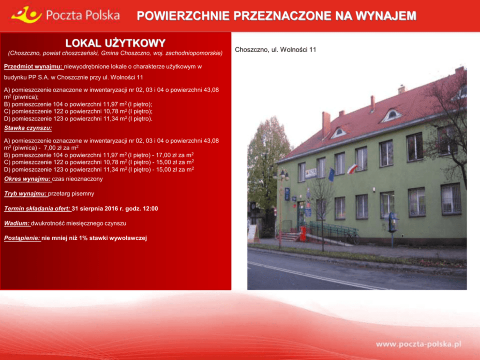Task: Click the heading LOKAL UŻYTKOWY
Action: pyautogui.click(x=116, y=43)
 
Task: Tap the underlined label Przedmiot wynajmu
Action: pyautogui.click(x=33, y=67)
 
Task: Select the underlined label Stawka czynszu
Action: pyautogui.click(x=28, y=128)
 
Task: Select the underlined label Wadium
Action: pyautogui.click(x=17, y=224)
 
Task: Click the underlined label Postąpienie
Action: pyautogui.click(x=22, y=238)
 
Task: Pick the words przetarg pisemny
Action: pyautogui.click(x=71, y=194)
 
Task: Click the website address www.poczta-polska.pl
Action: pyautogui.click(x=419, y=345)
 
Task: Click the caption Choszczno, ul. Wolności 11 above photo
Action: pyautogui.click(x=275, y=50)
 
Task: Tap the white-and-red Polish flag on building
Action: pyautogui.click(x=352, y=169)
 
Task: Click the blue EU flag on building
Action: pyautogui.click(x=331, y=175)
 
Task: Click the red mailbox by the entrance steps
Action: pyautogui.click(x=303, y=234)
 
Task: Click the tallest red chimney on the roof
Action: pyautogui.click(x=326, y=124)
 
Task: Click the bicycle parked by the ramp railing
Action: pyautogui.click(x=352, y=238)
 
